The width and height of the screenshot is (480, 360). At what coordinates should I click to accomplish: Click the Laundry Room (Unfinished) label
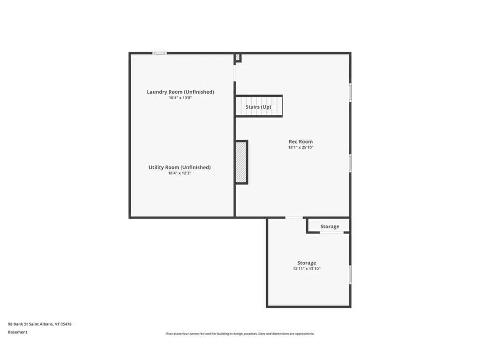pos(180,92)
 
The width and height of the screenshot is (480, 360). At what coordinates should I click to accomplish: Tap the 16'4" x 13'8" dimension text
pos(180,98)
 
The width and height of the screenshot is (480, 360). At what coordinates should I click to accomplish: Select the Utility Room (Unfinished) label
pos(180,167)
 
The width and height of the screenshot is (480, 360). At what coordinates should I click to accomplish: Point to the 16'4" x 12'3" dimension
pos(180,173)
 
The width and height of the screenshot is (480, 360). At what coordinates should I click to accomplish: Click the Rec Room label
pos(300,142)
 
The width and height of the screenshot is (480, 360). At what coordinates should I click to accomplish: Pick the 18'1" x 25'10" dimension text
pos(300,147)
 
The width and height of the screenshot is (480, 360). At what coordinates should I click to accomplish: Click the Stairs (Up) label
pos(258,107)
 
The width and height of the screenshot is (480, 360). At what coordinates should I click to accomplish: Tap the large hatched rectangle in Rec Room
pos(241,162)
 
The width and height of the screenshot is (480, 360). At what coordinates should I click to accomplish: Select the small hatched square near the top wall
pos(238,57)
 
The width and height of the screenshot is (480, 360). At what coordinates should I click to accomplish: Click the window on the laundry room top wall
pos(160,53)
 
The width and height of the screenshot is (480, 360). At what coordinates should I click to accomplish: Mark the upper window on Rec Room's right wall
pos(350,92)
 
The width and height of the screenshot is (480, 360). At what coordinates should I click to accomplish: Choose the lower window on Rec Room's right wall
pos(350,163)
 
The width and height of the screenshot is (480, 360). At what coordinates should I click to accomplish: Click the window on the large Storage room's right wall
pos(350,275)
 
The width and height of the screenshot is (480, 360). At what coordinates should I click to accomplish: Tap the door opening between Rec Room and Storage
pos(294,217)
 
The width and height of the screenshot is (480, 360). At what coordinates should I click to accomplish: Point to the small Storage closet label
pos(330,226)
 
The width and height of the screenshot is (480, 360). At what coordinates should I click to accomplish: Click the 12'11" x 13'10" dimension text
pos(307,269)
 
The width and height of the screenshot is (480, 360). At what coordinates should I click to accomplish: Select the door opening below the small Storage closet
pos(332,232)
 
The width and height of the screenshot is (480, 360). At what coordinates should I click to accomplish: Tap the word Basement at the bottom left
pos(18,332)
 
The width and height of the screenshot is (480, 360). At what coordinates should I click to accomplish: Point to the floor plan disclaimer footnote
pos(240,334)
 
